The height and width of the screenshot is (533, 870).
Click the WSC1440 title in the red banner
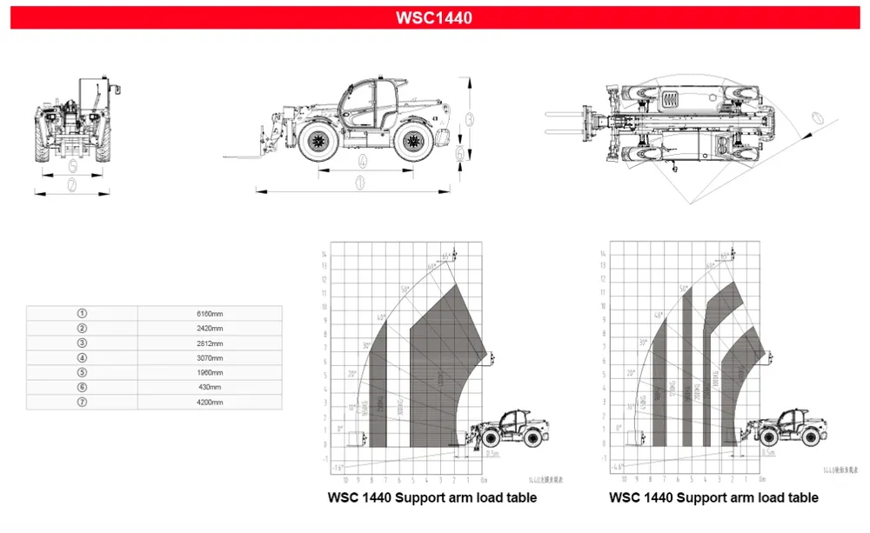pyautogui.click(x=434, y=17)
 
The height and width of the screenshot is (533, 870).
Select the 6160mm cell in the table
pyautogui.click(x=210, y=313)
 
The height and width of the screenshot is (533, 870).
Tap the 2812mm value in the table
pyautogui.click(x=210, y=343)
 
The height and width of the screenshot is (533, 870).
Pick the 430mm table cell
pyautogui.click(x=210, y=387)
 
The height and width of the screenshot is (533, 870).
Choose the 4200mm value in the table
pyautogui.click(x=210, y=402)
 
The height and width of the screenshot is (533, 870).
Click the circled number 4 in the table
pyautogui.click(x=82, y=357)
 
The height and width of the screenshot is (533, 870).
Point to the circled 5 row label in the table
pyautogui.click(x=82, y=372)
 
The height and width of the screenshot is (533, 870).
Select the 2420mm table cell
pyautogui.click(x=210, y=328)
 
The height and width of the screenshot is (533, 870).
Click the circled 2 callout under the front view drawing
pyautogui.click(x=72, y=183)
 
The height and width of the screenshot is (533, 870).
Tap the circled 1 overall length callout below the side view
pyautogui.click(x=358, y=183)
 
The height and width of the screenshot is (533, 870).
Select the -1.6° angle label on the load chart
pyautogui.click(x=338, y=468)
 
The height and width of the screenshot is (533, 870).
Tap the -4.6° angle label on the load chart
pyautogui.click(x=619, y=468)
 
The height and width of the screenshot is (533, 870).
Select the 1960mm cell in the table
pyautogui.click(x=210, y=372)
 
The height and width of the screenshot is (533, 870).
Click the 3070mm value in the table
pyautogui.click(x=210, y=357)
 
